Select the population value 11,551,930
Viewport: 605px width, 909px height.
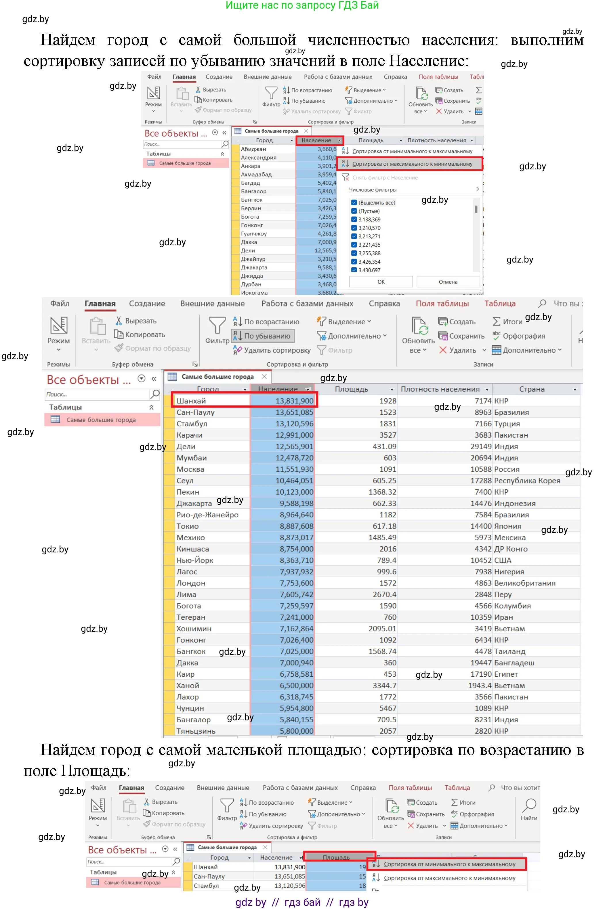[294, 469]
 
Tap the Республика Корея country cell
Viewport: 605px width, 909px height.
[527, 481]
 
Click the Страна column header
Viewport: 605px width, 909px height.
[531, 389]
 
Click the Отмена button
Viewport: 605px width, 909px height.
[448, 282]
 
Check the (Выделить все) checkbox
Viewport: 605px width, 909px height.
[354, 202]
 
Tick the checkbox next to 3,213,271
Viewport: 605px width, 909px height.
[354, 236]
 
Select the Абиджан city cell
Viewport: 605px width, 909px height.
[253, 149]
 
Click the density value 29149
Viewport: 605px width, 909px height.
[481, 447]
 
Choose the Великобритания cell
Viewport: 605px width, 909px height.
[524, 583]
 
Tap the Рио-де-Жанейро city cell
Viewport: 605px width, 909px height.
[207, 515]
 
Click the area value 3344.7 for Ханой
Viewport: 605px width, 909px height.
[384, 685]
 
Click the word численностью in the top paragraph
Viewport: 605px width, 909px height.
[358, 40]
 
